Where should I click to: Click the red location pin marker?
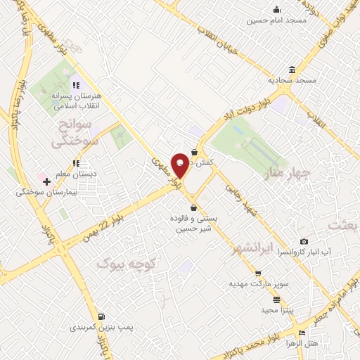180,165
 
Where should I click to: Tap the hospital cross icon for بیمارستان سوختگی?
47,181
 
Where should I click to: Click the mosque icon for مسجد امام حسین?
277,9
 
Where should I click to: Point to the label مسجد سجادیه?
296,80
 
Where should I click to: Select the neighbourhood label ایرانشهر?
256,249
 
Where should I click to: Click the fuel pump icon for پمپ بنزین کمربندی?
103,317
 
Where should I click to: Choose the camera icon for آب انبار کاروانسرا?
304,241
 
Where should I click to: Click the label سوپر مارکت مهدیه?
249,284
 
